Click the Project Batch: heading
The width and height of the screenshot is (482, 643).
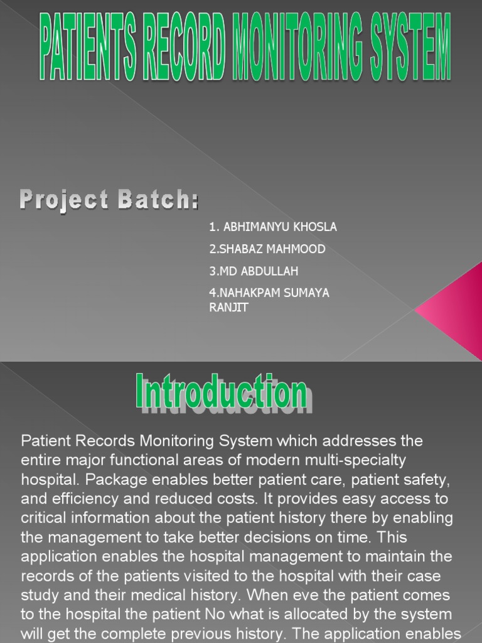coord(109,201)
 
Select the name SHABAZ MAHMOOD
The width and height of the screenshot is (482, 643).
coord(267,249)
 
